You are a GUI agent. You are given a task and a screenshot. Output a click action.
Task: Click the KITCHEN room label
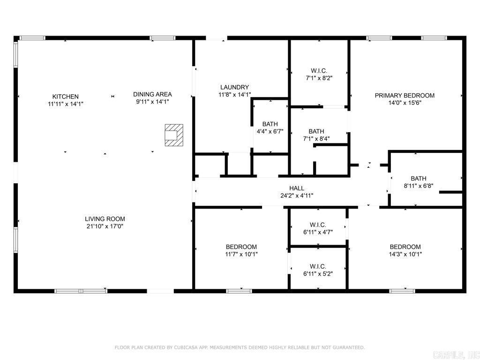point(65,97)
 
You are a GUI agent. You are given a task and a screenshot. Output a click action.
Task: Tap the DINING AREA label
point(152,94)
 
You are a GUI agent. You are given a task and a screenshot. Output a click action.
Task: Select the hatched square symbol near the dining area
point(173,135)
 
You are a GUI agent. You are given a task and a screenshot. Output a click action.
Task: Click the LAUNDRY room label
point(234,87)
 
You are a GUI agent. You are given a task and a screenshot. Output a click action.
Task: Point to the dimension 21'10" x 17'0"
point(105,226)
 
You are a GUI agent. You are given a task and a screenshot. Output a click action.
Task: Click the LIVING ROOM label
point(105,219)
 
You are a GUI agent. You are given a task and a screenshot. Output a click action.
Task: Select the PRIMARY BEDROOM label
point(405,96)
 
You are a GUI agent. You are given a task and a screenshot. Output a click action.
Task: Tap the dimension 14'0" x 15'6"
point(405,103)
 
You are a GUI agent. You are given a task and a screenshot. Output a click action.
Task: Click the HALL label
point(296,188)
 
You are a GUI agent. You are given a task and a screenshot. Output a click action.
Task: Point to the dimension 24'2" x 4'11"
point(296,195)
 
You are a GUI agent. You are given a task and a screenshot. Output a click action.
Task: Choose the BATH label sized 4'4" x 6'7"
point(270,124)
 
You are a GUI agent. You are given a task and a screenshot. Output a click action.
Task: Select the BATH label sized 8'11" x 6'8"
point(419,178)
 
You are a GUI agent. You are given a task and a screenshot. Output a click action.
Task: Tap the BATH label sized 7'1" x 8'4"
point(316,131)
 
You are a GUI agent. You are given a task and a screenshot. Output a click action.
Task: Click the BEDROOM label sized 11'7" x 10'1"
point(241,247)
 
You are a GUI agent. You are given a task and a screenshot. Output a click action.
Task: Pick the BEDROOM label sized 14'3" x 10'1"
point(405,247)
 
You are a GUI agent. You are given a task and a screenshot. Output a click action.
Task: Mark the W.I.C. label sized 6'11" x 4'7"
point(318,225)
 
